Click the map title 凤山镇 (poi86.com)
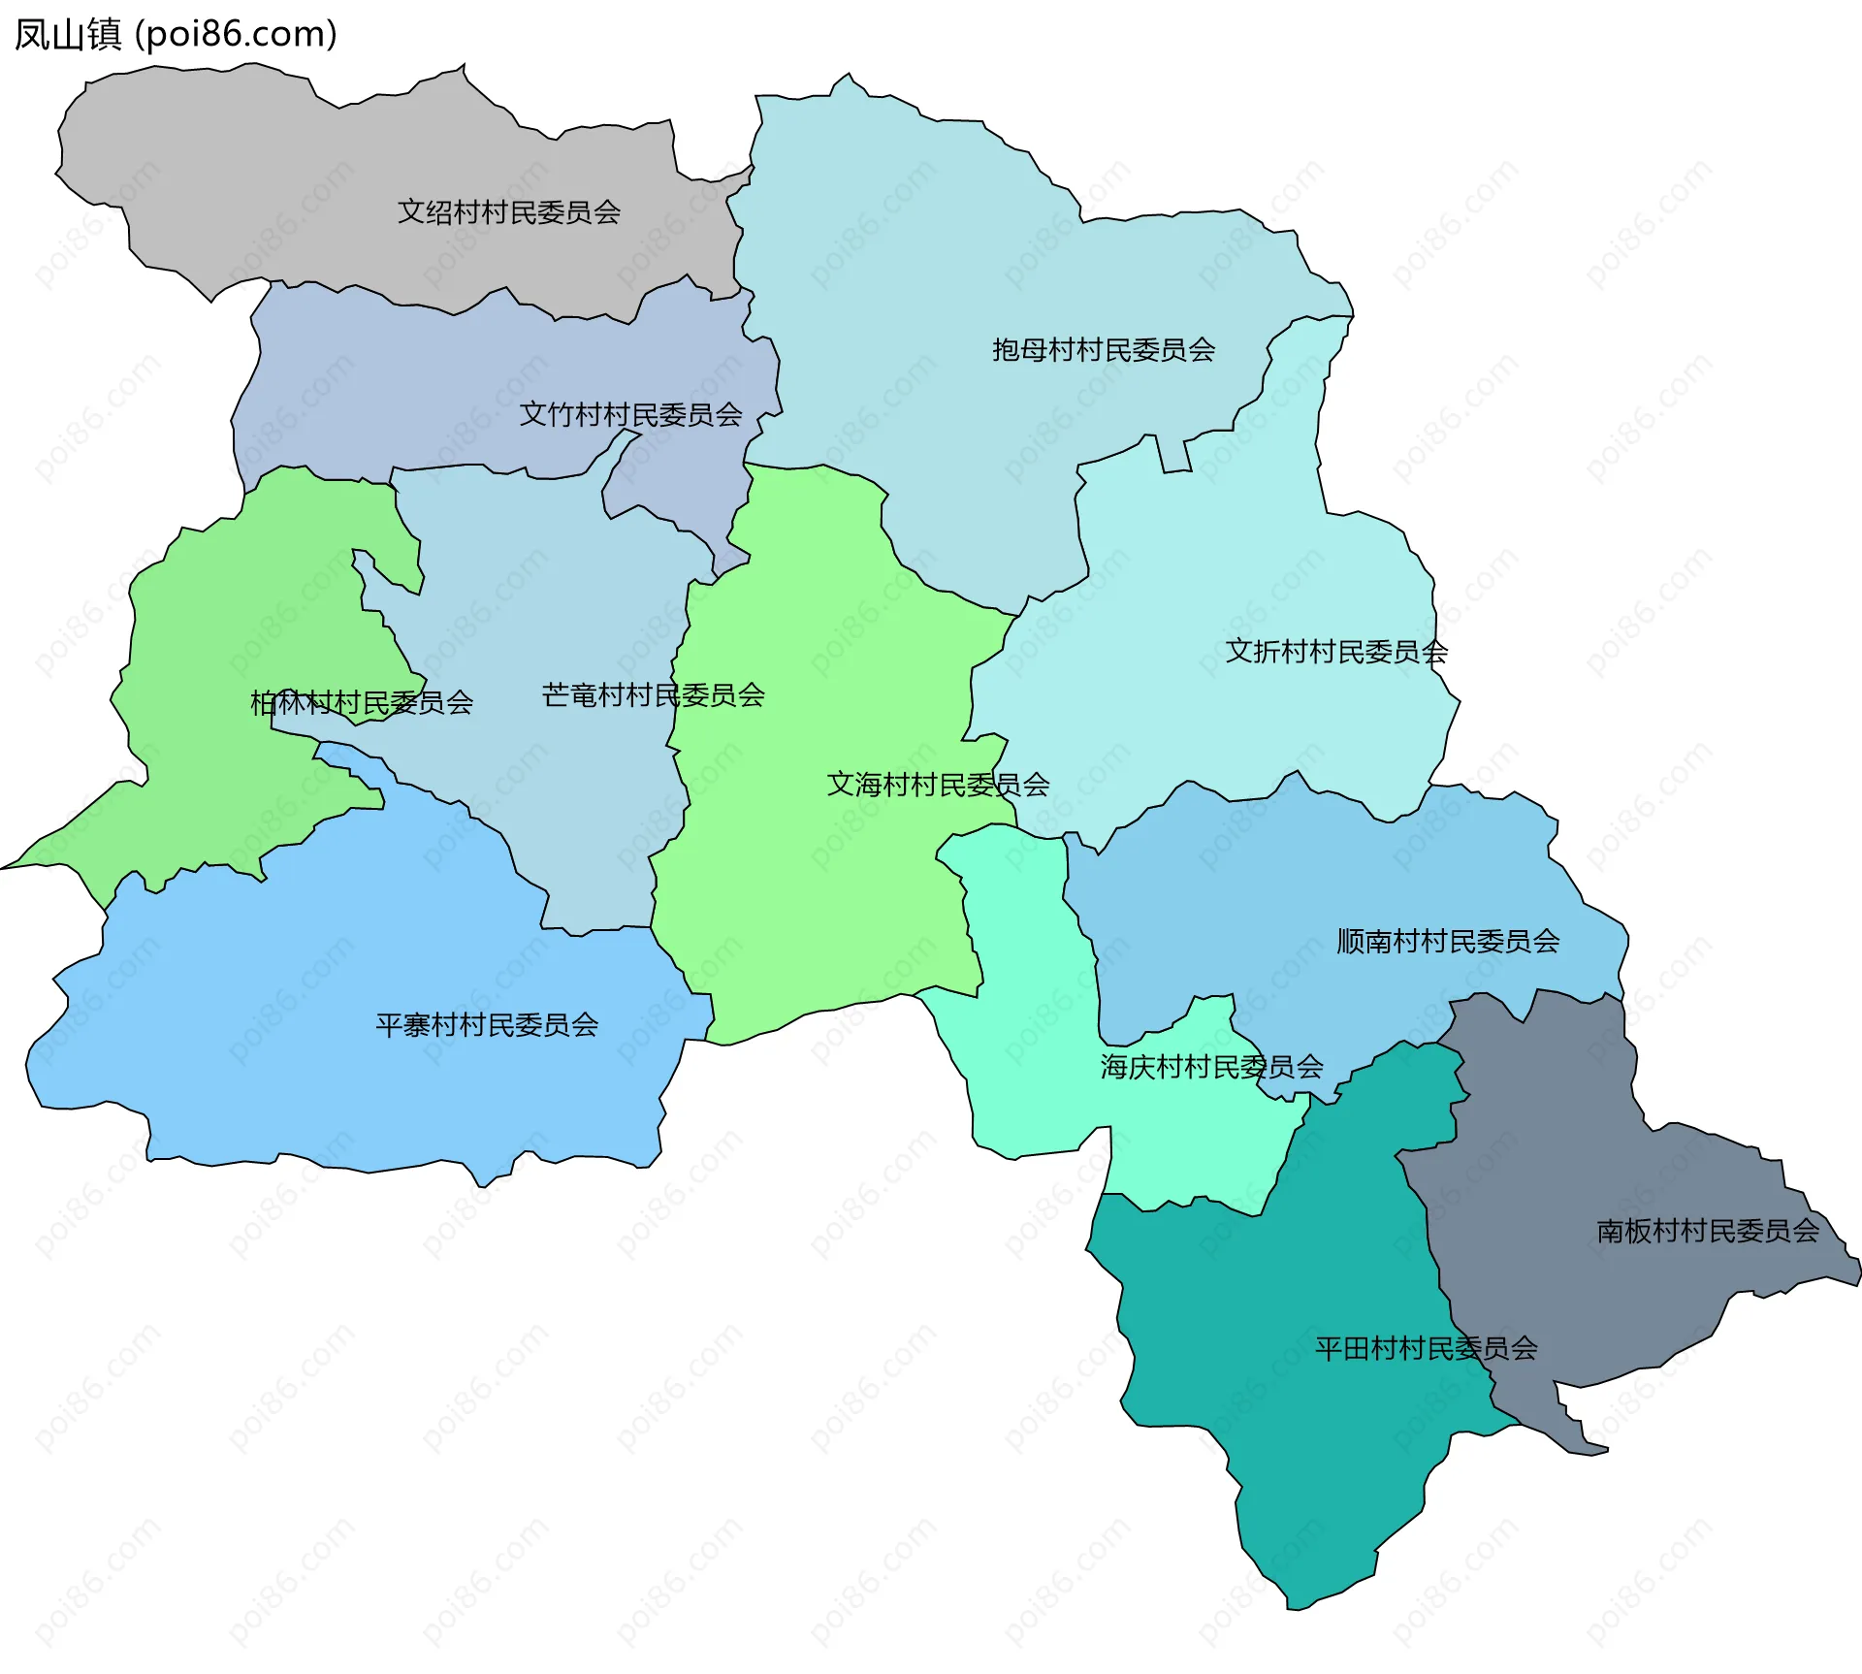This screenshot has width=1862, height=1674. (175, 34)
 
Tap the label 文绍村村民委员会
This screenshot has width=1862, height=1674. (509, 212)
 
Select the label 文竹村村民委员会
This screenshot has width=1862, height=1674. (630, 415)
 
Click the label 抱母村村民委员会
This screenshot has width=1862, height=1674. (1103, 350)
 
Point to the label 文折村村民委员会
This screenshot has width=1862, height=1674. (1336, 652)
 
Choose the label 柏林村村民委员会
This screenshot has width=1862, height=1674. (361, 703)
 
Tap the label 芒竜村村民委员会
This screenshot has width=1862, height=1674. (653, 695)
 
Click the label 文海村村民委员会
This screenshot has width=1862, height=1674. (938, 785)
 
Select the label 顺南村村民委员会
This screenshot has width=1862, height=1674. (1448, 942)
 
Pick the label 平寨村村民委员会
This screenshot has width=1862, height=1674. (487, 1025)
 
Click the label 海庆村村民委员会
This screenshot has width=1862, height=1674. (1211, 1068)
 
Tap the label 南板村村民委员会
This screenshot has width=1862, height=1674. (1707, 1232)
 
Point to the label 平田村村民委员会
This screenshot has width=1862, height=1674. (1426, 1349)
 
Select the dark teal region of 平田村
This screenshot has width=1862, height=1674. (1309, 1455)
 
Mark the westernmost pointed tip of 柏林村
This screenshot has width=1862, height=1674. (4, 868)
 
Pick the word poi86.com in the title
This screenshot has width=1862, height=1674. (236, 34)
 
